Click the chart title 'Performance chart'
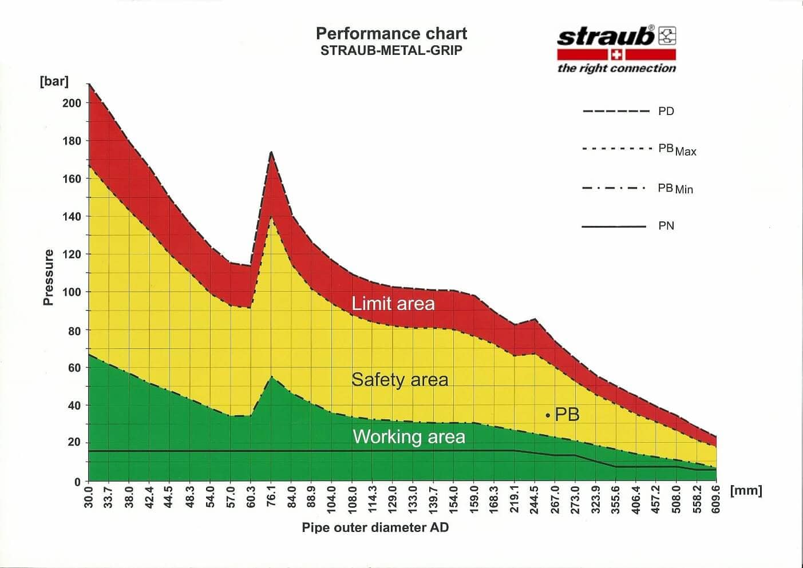[x=391, y=33]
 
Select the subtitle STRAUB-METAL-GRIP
[x=391, y=50]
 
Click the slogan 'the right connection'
[x=616, y=68]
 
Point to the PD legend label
[x=666, y=111]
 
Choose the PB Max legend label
[x=677, y=149]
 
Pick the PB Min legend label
[x=675, y=188]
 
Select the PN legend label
[x=666, y=226]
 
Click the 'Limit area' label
[x=393, y=303]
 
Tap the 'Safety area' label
[x=399, y=379]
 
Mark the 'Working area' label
[x=409, y=437]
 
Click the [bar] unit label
[x=54, y=81]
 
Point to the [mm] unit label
[x=746, y=490]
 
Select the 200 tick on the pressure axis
[x=72, y=103]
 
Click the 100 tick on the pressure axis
[x=72, y=292]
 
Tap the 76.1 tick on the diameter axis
[x=271, y=495]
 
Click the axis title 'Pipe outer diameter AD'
[x=375, y=527]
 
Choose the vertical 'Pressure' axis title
[x=48, y=277]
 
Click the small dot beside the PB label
[x=548, y=415]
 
